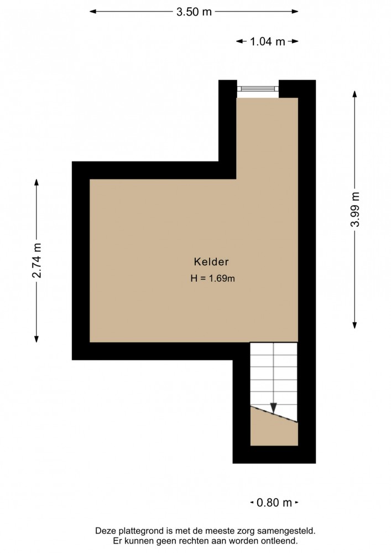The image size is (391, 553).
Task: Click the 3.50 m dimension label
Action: pos(194,12)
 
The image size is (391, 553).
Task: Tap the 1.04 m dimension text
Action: pos(267,42)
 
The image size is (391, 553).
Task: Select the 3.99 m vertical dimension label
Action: pos(354,209)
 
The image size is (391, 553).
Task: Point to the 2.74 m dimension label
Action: pos(37,260)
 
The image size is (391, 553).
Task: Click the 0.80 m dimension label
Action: pos(274,502)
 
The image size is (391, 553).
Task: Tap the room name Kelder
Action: pos(211,262)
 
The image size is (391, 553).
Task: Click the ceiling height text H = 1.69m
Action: pos(213,278)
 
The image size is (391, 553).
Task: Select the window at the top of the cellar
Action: pos(258,89)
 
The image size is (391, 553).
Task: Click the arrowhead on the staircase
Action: pos(274,408)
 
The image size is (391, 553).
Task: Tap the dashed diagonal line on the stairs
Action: pos(274,414)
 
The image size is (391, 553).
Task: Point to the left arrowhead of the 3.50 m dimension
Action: pos(93,12)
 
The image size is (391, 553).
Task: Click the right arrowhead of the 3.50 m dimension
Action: pos(295,12)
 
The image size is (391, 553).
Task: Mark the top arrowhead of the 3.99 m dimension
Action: pos(354,94)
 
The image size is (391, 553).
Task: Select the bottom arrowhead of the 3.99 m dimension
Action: pos(354,325)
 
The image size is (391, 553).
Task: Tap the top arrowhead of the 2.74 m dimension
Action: pos(37,182)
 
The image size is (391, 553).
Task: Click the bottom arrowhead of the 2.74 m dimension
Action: pos(37,339)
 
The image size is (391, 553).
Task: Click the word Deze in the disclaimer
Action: pos(105,531)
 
